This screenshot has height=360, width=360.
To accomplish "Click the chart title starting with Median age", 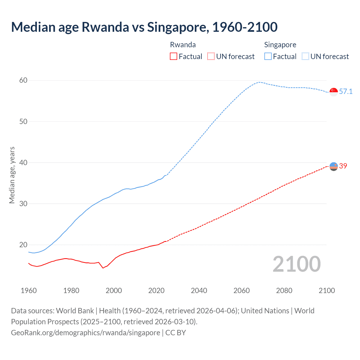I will coord(144,27).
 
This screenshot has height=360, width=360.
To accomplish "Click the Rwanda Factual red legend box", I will coord(174,56).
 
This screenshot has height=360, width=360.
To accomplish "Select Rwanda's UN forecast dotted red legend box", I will coord(211,56).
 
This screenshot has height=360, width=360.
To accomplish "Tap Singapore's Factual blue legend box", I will coord(268,56).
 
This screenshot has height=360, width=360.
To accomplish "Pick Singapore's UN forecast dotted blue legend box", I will coord(305,56).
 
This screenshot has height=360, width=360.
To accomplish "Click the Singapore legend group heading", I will coord(280,45).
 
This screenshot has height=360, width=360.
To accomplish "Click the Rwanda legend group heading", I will coord(183,45).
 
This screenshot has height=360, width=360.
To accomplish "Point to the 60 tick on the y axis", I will coord(23,80).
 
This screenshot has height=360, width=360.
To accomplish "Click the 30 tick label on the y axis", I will coord(23,204).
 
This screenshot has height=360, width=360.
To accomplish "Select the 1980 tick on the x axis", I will coord(71,291).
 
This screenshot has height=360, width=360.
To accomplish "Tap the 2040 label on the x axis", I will coord(199,291).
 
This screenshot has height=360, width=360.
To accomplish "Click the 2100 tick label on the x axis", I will coord(327,291).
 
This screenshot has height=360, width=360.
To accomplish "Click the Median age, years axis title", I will coord(12,175).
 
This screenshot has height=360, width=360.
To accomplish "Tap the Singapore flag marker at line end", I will coord(334,92).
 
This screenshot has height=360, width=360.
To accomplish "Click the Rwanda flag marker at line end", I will coord(334,166).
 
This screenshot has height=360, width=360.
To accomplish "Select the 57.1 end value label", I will coord(346,91).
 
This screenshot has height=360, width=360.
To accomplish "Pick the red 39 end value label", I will coord(343,166).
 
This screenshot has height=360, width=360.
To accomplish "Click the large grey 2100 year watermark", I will coord(297,264).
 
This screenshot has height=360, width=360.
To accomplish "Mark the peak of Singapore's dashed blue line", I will coord(259,82).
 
